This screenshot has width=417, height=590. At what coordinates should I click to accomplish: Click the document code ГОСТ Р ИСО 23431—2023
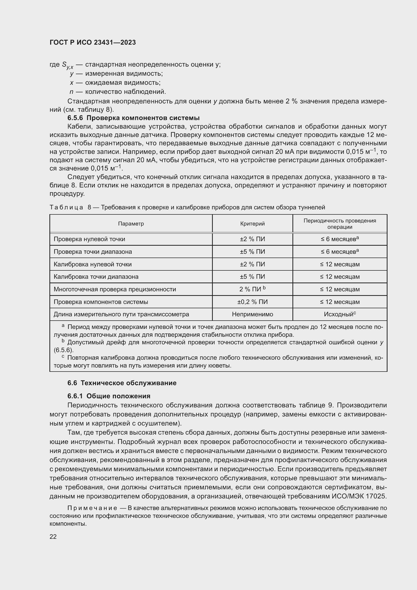[93, 42]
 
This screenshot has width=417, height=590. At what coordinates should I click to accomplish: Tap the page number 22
[53, 537]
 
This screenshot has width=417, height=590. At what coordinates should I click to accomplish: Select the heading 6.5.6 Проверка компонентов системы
[134, 118]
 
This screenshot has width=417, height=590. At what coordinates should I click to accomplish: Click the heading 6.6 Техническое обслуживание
[122, 383]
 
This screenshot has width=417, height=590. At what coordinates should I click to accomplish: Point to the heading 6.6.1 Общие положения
[109, 396]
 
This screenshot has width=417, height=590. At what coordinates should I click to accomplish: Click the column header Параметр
[131, 223]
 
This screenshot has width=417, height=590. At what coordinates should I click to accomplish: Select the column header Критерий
[252, 223]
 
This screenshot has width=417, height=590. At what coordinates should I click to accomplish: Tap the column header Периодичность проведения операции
[340, 223]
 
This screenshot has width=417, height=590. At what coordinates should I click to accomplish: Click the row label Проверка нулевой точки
[89, 239]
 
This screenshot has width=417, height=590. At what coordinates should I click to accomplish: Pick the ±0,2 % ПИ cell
[252, 302]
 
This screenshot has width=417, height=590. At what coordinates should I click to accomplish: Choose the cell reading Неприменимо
[252, 314]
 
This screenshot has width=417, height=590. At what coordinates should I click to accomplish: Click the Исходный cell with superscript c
[340, 314]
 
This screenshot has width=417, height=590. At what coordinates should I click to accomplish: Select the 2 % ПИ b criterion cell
[252, 289]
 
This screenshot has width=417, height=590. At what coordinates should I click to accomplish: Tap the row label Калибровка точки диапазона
[96, 277]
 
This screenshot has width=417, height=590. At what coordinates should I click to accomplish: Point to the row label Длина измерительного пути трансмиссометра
[121, 314]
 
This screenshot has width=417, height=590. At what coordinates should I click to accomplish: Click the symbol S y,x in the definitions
[68, 65]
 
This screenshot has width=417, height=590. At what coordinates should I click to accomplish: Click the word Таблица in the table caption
[66, 207]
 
